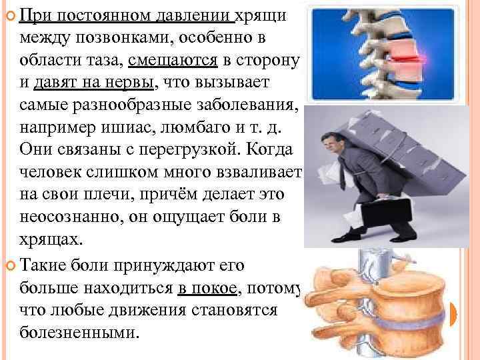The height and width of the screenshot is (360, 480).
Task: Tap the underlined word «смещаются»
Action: [174, 60]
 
